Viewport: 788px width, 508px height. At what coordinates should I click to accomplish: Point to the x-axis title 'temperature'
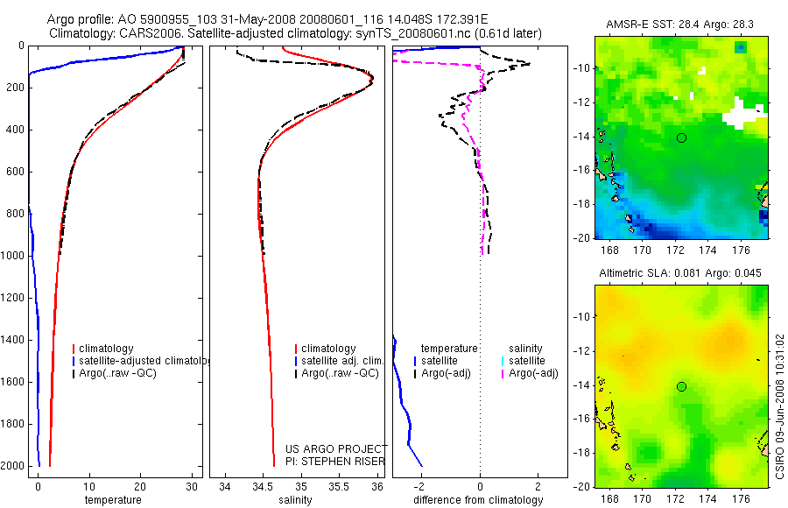point(112,500)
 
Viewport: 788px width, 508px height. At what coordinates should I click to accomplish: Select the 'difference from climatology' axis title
point(478,500)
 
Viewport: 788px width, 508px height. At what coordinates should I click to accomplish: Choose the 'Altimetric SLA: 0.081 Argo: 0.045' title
point(680,273)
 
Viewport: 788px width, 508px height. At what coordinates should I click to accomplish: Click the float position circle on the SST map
point(681,138)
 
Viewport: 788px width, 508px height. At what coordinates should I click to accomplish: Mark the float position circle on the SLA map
point(681,386)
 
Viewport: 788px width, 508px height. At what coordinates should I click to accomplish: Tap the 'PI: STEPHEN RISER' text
point(335,461)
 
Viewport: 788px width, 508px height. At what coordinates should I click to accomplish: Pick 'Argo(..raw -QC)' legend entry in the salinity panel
point(340,373)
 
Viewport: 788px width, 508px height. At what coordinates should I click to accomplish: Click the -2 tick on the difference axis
point(422,485)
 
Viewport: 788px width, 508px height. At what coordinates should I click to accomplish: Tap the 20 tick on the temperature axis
point(140,485)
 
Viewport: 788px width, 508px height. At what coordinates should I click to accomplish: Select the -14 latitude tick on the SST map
point(582,138)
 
